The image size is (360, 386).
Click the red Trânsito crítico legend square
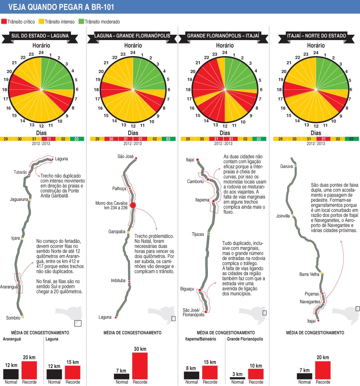[4, 22]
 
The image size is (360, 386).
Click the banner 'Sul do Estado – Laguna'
[40, 36]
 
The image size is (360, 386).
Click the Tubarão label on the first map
[20, 172]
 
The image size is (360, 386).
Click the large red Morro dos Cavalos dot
[133, 205]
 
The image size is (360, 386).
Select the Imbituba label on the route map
[118, 280]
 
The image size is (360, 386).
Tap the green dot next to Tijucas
[209, 233]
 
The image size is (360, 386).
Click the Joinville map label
[283, 216]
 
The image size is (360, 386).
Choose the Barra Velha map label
[309, 274]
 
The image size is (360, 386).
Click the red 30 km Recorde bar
[140, 366]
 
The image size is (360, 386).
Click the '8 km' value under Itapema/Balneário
[191, 368]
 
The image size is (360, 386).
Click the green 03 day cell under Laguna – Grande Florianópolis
[168, 139]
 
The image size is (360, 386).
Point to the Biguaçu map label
[188, 289]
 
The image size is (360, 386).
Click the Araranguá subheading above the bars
[12, 339]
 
